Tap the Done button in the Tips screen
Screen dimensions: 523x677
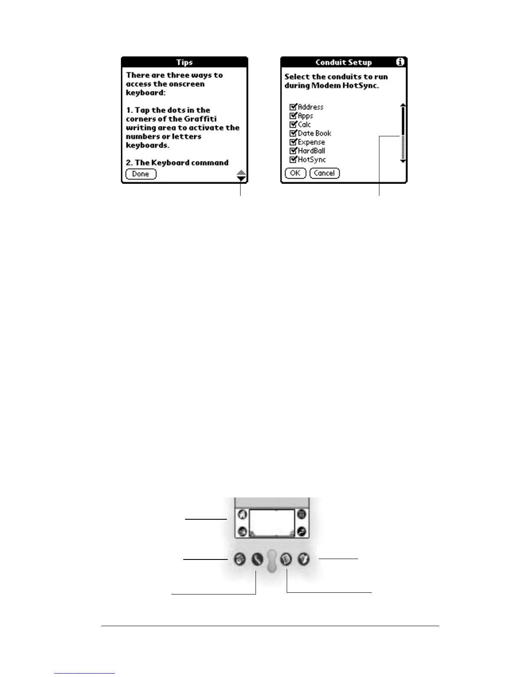141,174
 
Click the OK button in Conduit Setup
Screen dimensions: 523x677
295,173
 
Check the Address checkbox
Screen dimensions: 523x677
293,107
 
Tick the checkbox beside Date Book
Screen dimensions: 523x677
293,133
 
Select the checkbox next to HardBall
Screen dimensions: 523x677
293,151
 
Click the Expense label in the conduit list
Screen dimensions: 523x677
311,142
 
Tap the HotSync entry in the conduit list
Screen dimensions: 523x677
311,160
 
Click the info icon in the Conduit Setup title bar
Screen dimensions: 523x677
400,62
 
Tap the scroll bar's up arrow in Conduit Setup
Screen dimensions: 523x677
403,105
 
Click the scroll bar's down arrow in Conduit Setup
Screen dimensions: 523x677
403,161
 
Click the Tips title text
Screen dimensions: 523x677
184,62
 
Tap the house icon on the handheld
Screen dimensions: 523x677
242,514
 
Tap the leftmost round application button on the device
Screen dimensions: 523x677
240,559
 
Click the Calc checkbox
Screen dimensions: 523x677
293,124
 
